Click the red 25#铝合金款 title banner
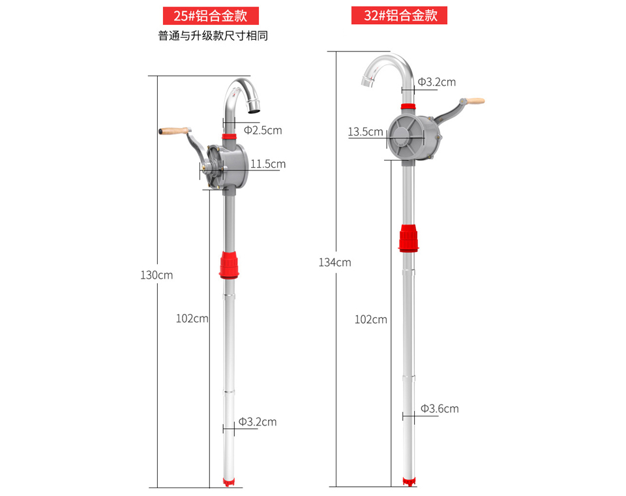[211, 16]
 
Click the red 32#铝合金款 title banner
[399, 16]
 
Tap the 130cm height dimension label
[156, 275]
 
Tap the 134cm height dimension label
[335, 262]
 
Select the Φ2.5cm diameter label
[263, 131]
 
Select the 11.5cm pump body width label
[267, 164]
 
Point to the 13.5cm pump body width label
[365, 132]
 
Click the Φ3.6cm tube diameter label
[440, 409]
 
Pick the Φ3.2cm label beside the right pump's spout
[437, 82]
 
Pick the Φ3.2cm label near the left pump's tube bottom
[258, 422]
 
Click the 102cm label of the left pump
[192, 318]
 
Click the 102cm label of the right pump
[370, 319]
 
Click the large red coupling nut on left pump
[229, 264]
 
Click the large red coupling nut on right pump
[408, 238]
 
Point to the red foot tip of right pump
[408, 482]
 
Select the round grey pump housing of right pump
[407, 138]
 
